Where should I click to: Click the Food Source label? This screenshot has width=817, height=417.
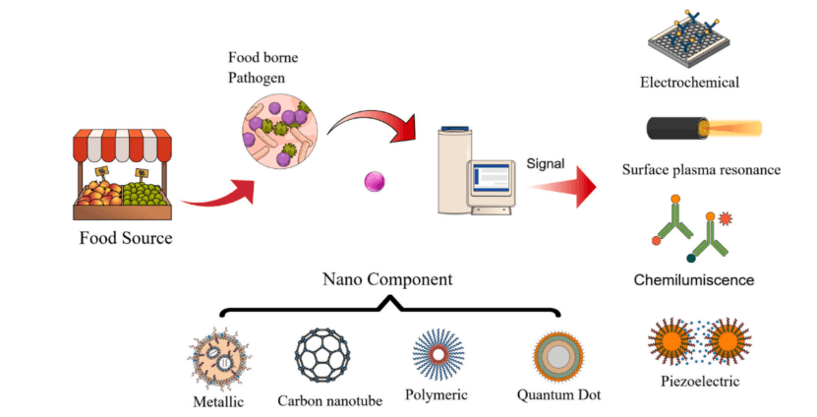pos(125,239)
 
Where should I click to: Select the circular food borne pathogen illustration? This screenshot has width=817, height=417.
pos(279,130)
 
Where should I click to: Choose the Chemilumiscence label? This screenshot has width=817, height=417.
pos(701,280)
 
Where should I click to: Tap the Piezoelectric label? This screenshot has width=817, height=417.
pos(701,382)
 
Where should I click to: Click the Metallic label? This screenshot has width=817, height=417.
pos(219,400)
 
